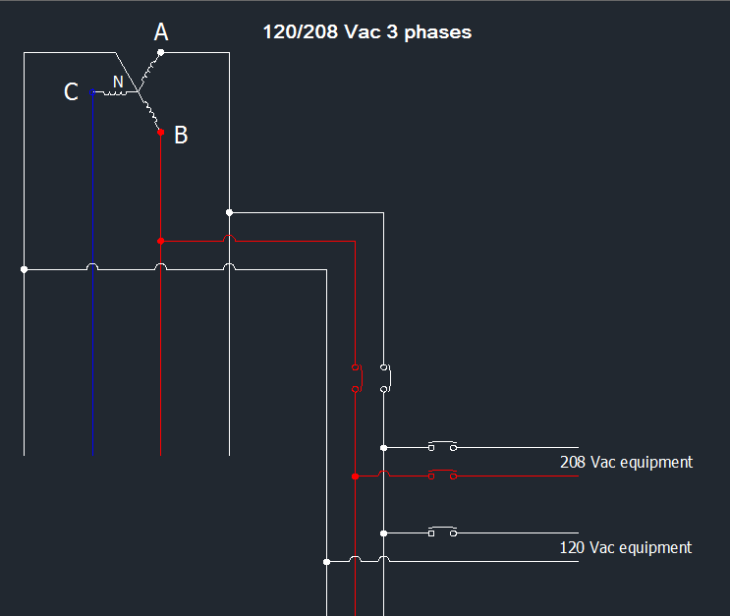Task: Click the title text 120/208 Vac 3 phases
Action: click(x=367, y=32)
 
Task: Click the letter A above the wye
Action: click(x=161, y=32)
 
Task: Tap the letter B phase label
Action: click(x=181, y=135)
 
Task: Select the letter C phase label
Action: click(x=71, y=91)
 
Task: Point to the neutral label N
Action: click(x=118, y=82)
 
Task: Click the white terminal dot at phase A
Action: click(x=160, y=53)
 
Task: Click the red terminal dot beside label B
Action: click(x=160, y=133)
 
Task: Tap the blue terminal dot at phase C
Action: click(x=92, y=92)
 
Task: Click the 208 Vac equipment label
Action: click(x=626, y=463)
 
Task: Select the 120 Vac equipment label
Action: click(x=626, y=547)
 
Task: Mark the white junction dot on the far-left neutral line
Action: click(x=25, y=269)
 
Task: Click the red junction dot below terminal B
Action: click(x=160, y=241)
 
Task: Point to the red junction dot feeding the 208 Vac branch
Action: click(x=356, y=476)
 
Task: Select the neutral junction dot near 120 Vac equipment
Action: click(x=327, y=562)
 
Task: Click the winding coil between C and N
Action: click(x=114, y=93)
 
